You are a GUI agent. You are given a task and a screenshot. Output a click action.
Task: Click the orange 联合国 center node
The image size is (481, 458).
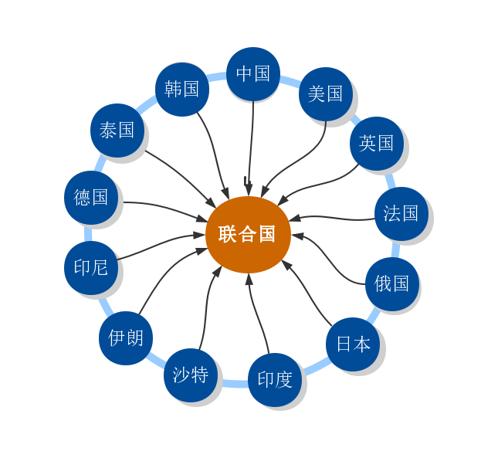(x=248, y=234)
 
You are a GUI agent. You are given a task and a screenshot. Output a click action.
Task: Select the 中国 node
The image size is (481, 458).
(x=253, y=73)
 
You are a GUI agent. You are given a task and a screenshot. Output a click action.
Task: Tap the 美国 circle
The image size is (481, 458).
(x=325, y=93)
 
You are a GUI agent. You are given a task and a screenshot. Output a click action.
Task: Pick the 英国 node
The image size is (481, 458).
(x=377, y=143)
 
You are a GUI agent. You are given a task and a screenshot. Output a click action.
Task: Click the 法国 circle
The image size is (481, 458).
(x=401, y=213)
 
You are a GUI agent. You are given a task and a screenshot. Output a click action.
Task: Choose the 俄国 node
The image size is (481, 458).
(x=392, y=283)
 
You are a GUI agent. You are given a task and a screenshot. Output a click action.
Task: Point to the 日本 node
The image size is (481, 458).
(x=354, y=344)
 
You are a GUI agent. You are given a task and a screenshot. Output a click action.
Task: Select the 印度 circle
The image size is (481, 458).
(x=275, y=379)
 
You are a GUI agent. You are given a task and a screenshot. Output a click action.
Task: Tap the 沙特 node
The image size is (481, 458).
(x=191, y=375)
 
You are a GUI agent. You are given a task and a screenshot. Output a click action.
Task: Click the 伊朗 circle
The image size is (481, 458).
(x=126, y=338)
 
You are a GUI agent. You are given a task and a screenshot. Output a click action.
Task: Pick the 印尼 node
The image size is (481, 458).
(x=91, y=268)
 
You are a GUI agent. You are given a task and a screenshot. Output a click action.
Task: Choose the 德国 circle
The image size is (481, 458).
(x=91, y=197)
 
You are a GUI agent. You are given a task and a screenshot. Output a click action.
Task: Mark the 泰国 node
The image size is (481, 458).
(x=117, y=130)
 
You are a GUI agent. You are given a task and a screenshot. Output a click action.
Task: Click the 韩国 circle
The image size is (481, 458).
(x=182, y=89)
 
